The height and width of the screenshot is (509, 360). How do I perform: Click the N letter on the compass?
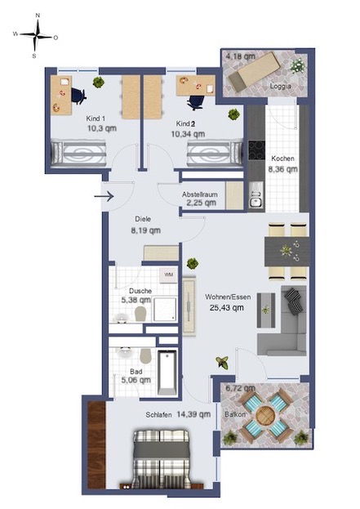point(38,16)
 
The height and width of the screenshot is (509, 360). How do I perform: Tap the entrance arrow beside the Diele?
point(104,196)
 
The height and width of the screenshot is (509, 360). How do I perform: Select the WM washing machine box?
point(168,275)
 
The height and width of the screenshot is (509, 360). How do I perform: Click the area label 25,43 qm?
point(226,307)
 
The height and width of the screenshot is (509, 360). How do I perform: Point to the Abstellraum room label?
point(199,194)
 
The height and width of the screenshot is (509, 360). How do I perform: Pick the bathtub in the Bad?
point(167,373)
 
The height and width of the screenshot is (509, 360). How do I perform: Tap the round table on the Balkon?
point(265,415)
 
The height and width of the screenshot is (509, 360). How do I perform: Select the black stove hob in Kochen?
point(256,150)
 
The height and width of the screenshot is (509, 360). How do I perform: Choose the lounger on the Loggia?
point(255,71)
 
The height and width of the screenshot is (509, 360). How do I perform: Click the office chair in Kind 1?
point(78,96)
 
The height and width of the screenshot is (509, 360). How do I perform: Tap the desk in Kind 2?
point(196,85)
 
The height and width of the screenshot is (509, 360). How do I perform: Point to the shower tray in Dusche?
point(165,309)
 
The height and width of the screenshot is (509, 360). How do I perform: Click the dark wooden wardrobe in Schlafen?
point(96,444)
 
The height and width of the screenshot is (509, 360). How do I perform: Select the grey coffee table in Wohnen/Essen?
point(266,310)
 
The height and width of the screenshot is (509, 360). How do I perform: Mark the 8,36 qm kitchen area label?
point(282,169)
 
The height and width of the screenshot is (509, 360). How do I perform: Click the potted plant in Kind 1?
point(99,83)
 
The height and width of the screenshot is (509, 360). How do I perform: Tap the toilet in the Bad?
point(145,356)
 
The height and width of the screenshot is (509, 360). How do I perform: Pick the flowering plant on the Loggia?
point(297,66)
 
